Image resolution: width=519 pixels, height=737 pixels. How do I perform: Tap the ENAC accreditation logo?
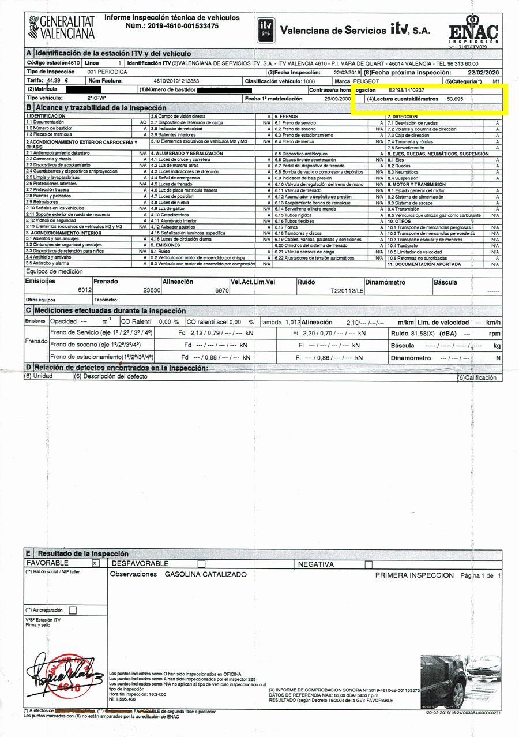tap(473, 28)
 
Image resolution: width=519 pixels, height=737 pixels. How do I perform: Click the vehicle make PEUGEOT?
tap(366, 81)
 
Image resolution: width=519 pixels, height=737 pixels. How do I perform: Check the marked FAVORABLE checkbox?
tap(96, 563)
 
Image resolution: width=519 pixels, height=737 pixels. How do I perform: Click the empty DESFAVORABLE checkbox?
tap(201, 563)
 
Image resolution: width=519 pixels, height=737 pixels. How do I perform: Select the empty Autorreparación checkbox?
tap(73, 609)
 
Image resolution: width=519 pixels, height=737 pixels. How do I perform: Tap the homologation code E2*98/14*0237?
tap(410, 91)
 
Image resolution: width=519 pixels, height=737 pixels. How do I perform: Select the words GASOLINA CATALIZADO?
tap(205, 574)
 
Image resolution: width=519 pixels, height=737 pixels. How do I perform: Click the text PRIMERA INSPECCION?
tap(414, 575)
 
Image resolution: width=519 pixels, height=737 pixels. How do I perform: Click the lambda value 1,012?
tap(292, 322)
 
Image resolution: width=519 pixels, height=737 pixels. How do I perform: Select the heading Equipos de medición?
tap(54, 272)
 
